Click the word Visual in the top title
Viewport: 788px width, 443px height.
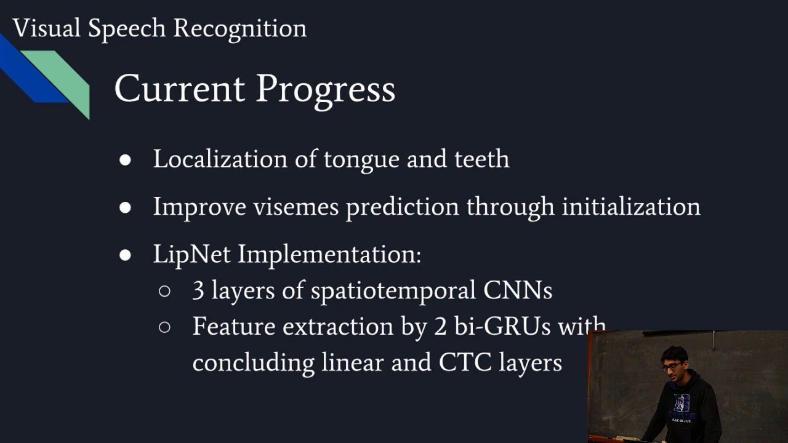[47, 28]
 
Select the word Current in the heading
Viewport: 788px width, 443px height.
[180, 89]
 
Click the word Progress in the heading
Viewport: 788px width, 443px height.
[326, 90]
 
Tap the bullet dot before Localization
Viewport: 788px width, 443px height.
[126, 160]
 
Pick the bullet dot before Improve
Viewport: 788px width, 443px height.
[126, 207]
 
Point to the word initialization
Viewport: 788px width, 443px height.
[630, 207]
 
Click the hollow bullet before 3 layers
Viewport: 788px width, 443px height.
[164, 291]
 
